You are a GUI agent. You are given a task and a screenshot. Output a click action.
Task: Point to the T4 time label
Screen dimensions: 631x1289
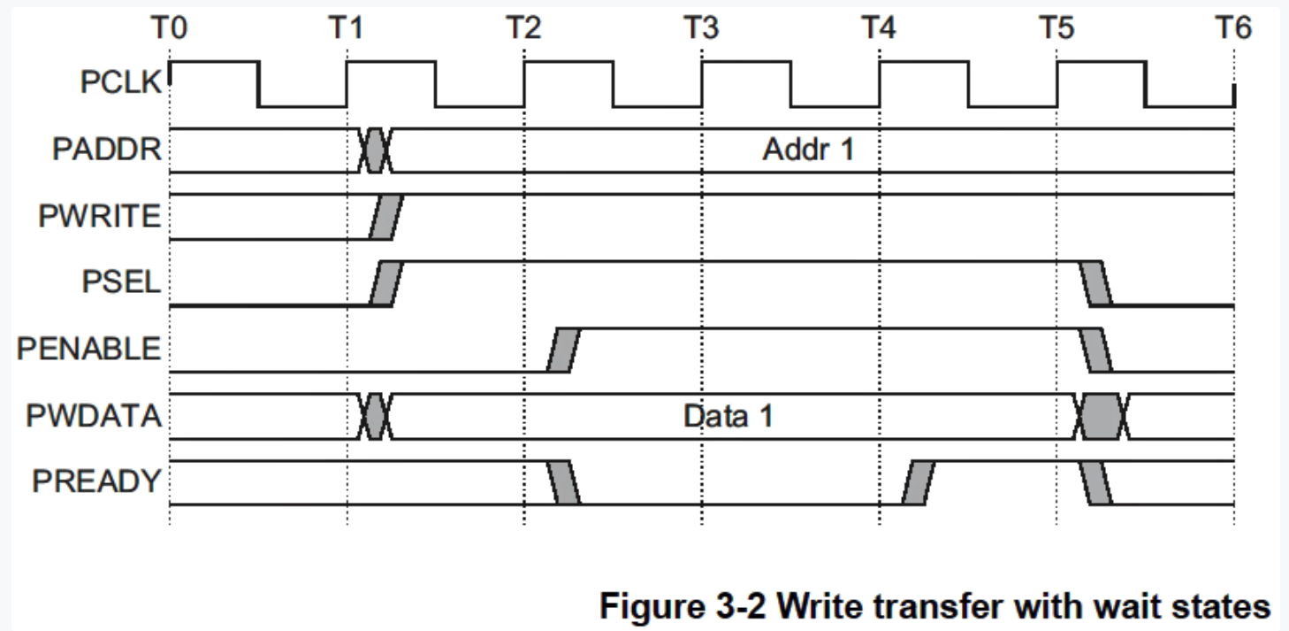879,29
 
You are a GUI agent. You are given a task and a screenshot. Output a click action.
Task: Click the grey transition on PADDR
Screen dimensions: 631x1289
376,150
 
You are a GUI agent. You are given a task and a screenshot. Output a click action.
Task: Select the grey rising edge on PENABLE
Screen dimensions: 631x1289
562,350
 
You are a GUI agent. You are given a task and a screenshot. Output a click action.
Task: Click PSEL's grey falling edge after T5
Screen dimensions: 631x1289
1095,283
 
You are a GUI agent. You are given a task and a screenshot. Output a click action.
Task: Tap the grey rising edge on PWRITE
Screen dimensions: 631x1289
385,216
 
